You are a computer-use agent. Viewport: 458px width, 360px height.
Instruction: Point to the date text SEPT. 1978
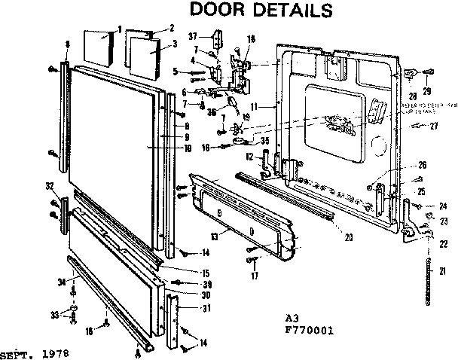31,352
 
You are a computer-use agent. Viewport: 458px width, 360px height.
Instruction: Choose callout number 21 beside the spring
443,271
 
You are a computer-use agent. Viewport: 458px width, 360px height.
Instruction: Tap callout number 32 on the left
49,186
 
